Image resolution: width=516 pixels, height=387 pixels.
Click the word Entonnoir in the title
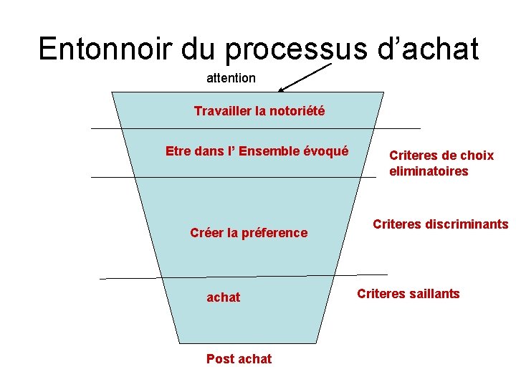pos(105,49)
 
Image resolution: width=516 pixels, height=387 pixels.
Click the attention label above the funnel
pos(231,77)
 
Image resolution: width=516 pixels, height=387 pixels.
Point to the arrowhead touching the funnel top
pos(282,90)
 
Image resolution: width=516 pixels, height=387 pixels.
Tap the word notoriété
pos(297,111)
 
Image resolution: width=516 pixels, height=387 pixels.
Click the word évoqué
pos(326,151)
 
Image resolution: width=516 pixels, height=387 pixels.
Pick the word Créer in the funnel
pos(206,232)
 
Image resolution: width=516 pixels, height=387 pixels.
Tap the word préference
pos(275,232)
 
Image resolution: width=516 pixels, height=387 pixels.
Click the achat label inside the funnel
pos(224,297)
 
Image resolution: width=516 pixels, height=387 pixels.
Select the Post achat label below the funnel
pos(239,359)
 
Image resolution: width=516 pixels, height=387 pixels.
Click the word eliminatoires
pos(429,171)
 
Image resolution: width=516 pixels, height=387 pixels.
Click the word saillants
pos(433,294)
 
